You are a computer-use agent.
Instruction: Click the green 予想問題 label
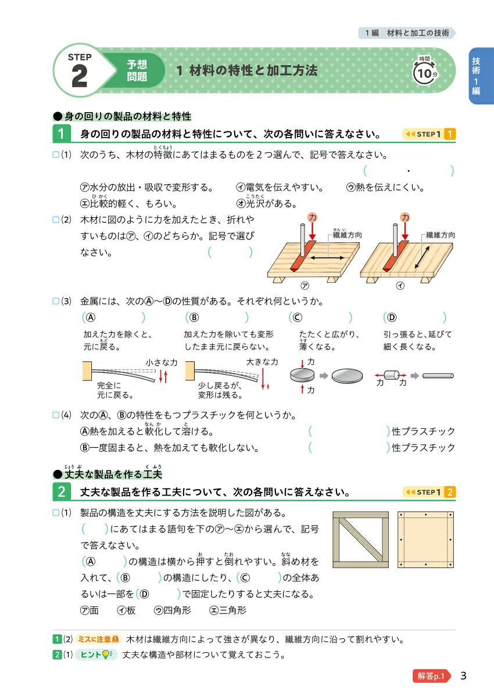tap(137, 71)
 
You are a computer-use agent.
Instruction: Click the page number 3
tap(463, 676)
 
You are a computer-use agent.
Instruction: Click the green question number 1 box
tap(61, 134)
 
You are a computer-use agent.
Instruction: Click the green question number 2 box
tap(61, 492)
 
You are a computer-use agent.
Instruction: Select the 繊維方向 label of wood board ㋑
tap(440, 235)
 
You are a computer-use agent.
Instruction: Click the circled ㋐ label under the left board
tap(303, 286)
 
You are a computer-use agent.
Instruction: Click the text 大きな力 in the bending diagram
tap(262, 362)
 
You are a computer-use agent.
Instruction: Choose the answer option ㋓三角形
tap(228, 610)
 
